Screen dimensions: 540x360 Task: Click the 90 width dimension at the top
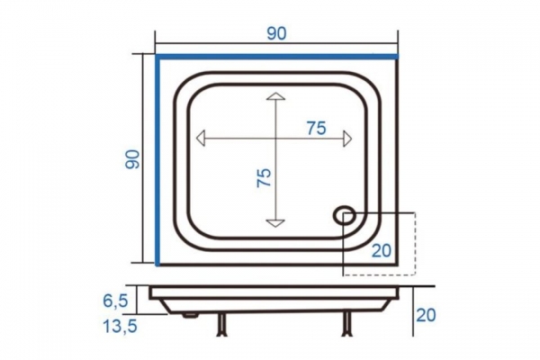coord(276,34)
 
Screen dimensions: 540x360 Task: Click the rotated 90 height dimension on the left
coord(132,159)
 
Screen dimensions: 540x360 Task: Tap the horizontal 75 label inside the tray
coord(317,129)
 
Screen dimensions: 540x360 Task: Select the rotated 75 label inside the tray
coord(264,178)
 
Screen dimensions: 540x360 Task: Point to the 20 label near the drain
coord(382,250)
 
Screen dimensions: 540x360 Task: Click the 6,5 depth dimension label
coord(115,301)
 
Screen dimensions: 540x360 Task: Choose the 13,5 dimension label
coord(121,326)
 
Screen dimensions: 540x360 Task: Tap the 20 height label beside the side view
coord(426,315)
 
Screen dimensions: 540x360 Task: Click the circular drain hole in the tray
coord(344,216)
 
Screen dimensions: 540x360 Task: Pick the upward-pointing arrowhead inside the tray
coord(276,96)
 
